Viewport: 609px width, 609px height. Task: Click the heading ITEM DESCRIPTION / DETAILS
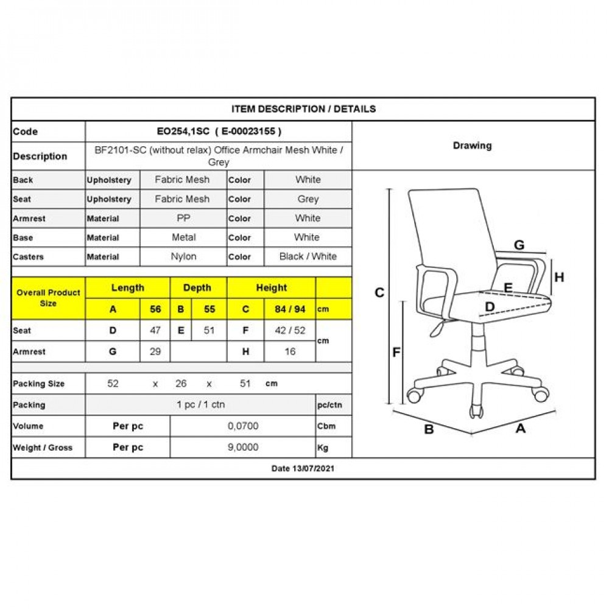(x=303, y=109)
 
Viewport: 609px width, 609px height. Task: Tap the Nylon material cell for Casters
(x=183, y=256)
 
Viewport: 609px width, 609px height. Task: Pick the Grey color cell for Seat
(x=308, y=199)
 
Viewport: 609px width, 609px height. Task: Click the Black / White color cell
(x=308, y=256)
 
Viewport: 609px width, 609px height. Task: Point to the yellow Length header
(x=127, y=288)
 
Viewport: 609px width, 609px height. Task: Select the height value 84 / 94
(x=290, y=309)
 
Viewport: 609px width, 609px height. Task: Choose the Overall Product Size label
(x=48, y=298)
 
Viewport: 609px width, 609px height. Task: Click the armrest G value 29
(x=155, y=351)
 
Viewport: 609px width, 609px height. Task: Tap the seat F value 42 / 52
(x=290, y=331)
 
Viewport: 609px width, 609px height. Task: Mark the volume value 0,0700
(x=243, y=426)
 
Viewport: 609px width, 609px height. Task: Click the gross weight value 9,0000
(x=243, y=448)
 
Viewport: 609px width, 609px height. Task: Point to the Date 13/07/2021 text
(x=303, y=469)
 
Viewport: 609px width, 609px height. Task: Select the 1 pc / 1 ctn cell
(x=200, y=405)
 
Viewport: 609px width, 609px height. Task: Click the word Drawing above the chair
(x=472, y=146)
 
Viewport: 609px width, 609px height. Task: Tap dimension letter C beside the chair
(x=379, y=293)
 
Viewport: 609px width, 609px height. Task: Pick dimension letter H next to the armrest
(x=559, y=277)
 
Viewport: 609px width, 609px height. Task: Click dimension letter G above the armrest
(x=519, y=245)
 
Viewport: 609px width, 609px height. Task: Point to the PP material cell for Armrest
(x=183, y=218)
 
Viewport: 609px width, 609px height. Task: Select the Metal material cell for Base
(x=183, y=238)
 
